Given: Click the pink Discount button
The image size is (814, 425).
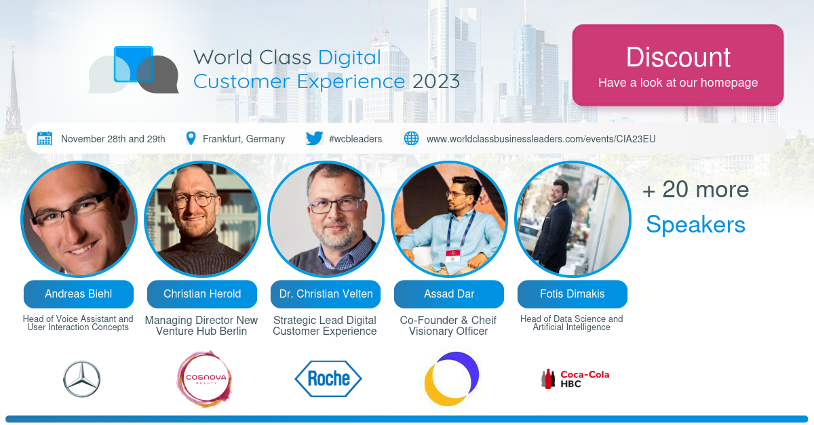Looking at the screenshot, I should [x=678, y=66].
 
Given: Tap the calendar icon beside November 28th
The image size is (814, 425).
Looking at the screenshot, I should [x=45, y=138].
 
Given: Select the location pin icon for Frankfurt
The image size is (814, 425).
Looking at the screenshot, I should [x=191, y=138].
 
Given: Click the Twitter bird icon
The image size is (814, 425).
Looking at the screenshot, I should [x=314, y=138].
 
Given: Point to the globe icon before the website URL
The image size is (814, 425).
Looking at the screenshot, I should [x=411, y=138].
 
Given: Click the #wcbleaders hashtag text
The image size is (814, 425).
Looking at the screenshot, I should [x=355, y=139].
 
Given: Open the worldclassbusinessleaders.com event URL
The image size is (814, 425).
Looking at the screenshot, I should [x=541, y=139].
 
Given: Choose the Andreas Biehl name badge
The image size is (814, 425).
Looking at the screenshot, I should [x=79, y=294].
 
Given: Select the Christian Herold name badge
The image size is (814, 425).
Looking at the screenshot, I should [x=202, y=294].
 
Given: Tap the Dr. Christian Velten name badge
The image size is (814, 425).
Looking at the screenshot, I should [x=326, y=294].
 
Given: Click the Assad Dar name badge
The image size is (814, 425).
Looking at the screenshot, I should [x=449, y=294].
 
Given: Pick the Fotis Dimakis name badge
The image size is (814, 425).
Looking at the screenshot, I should [x=573, y=294].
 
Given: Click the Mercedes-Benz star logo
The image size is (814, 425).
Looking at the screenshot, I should [x=82, y=379].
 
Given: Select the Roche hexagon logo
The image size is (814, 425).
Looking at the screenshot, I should [x=328, y=378].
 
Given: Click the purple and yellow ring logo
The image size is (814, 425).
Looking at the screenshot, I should [x=451, y=379].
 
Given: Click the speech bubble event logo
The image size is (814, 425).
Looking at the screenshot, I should [x=134, y=70].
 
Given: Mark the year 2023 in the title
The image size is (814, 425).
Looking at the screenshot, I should [x=435, y=81].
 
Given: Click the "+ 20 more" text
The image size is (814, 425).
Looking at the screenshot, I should [x=695, y=190].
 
